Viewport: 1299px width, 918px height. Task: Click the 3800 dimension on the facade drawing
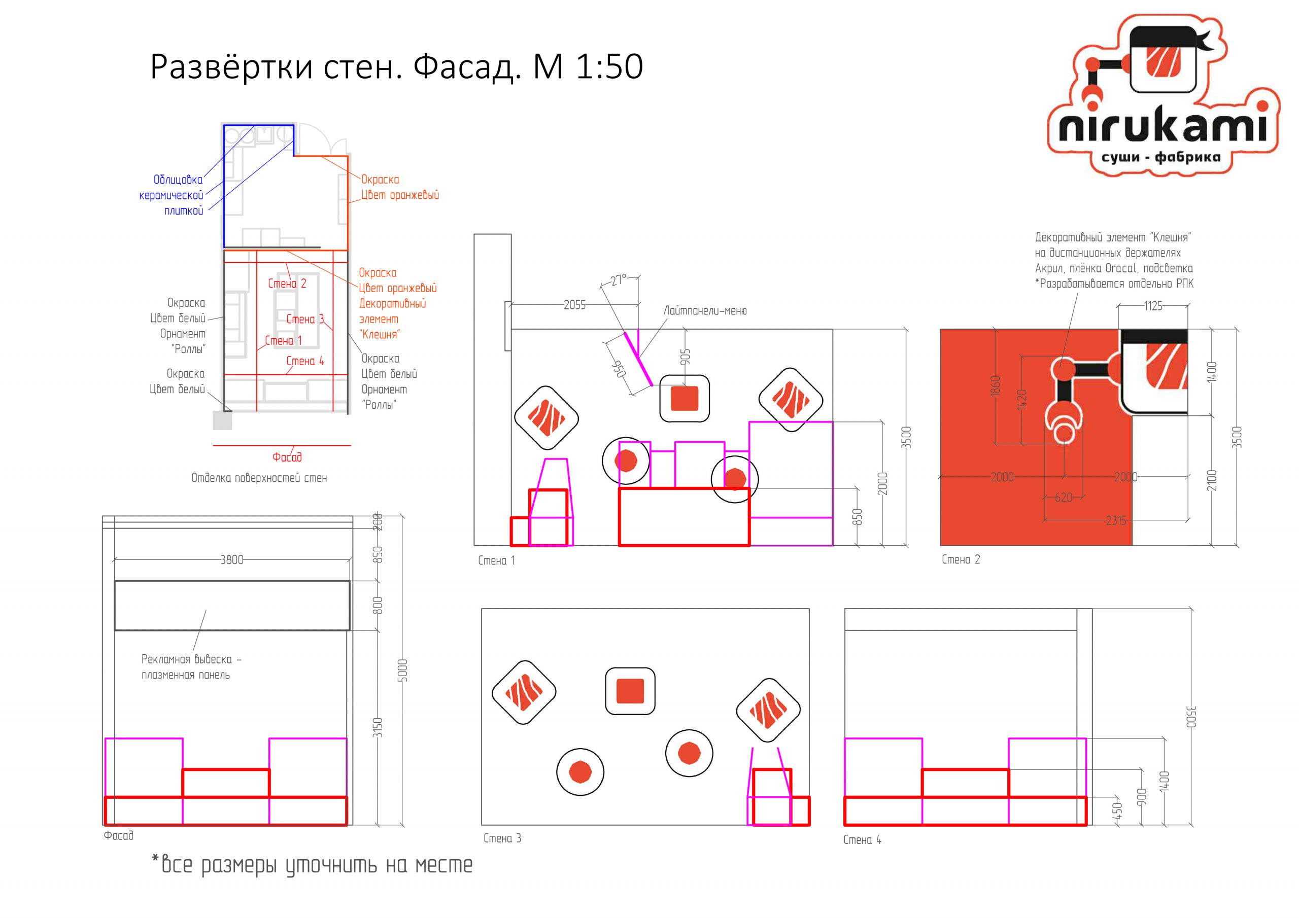pyautogui.click(x=232, y=560)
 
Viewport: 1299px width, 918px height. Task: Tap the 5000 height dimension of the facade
pyautogui.click(x=402, y=670)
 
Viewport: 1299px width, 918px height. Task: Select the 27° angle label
pyautogui.click(x=619, y=280)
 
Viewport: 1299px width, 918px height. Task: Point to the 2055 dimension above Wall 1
pyautogui.click(x=574, y=305)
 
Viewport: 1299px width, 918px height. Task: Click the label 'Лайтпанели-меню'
pyautogui.click(x=705, y=310)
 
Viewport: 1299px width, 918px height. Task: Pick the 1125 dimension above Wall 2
pyautogui.click(x=1153, y=306)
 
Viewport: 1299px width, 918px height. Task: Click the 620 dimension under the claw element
pyautogui.click(x=1064, y=498)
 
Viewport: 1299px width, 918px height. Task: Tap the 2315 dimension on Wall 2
pyautogui.click(x=1116, y=521)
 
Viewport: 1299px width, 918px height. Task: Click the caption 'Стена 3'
pyautogui.click(x=502, y=838)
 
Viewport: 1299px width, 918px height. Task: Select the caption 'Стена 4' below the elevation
pyautogui.click(x=862, y=840)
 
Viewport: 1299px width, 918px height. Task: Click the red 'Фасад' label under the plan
pyautogui.click(x=287, y=457)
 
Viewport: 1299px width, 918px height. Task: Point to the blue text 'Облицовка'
pyautogui.click(x=178, y=180)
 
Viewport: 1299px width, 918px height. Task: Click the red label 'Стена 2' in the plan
pyautogui.click(x=287, y=284)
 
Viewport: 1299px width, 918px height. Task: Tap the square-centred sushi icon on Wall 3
pyautogui.click(x=630, y=691)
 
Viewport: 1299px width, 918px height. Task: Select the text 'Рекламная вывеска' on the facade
pyautogui.click(x=187, y=659)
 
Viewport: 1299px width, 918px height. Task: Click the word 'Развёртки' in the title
pyautogui.click(x=232, y=67)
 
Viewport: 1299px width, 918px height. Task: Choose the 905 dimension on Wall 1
pyautogui.click(x=686, y=357)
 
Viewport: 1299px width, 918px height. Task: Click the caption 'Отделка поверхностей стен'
pyautogui.click(x=259, y=478)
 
